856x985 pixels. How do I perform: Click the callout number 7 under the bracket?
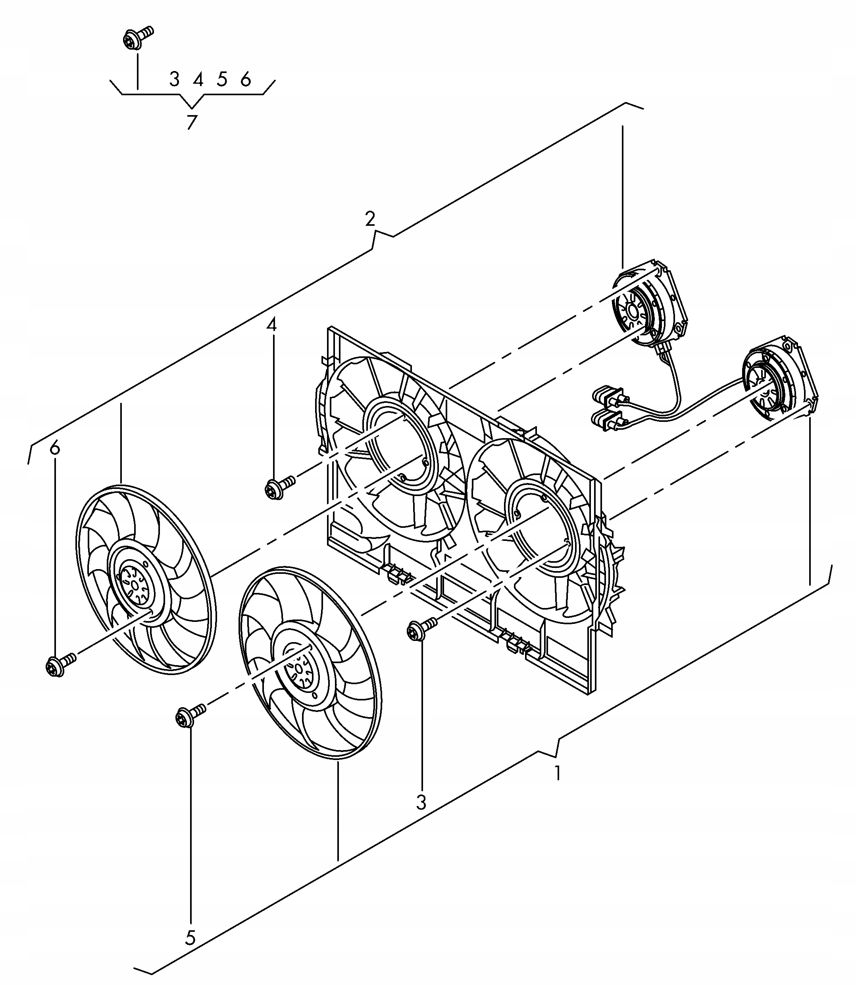[x=192, y=122]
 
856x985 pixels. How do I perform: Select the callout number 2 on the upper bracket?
[x=370, y=219]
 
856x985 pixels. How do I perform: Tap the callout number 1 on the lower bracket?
[x=557, y=772]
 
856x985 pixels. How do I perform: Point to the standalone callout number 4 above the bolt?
[x=271, y=325]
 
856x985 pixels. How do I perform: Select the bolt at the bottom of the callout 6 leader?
[x=59, y=664]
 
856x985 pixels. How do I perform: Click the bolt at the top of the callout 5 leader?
[x=189, y=716]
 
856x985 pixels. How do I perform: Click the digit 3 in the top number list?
[x=174, y=79]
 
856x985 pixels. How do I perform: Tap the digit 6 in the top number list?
[x=246, y=79]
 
